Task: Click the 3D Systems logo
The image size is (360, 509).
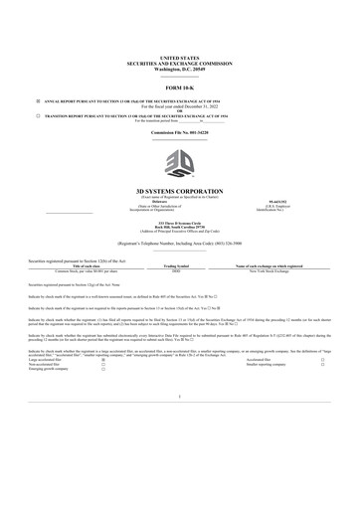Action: (x=180, y=162)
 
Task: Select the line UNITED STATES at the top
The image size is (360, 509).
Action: (x=180, y=59)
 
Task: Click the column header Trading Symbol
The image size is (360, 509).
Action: (x=176, y=266)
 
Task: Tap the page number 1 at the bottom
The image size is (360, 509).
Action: (x=180, y=424)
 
